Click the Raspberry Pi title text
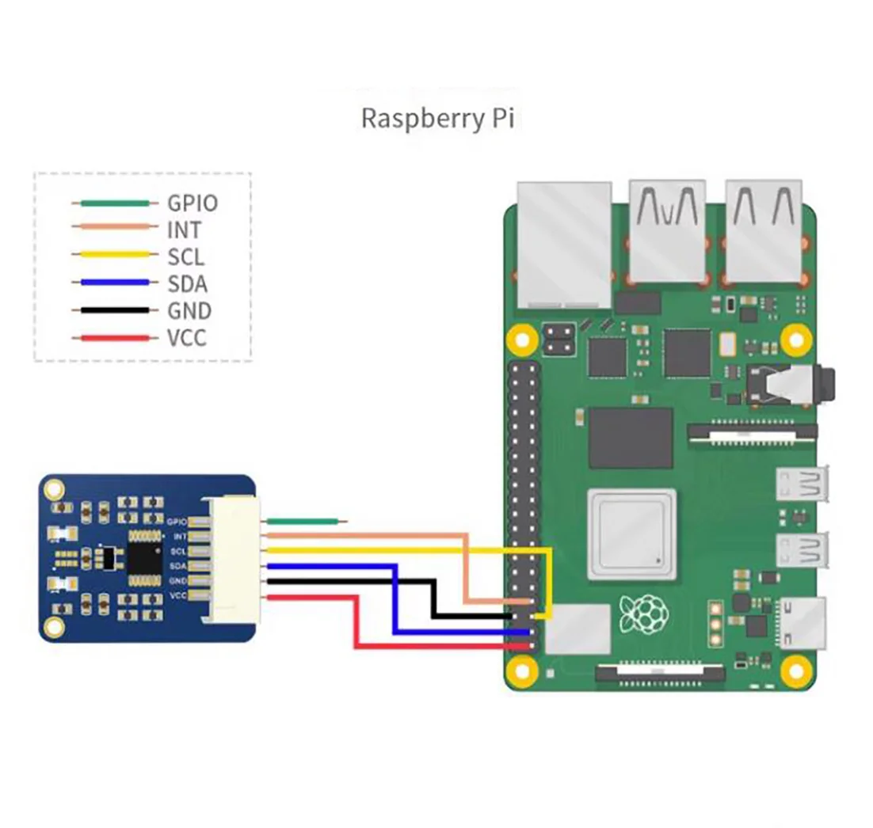coord(437,119)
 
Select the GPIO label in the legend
coord(192,203)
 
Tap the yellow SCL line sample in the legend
coord(110,255)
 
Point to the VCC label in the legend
coord(187,338)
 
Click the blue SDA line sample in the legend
coord(110,282)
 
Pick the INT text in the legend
coord(184,230)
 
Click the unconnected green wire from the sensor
coord(306,521)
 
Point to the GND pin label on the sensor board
coord(177,580)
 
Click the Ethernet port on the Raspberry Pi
coord(563,245)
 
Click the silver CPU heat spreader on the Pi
coord(631,532)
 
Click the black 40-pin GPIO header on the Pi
coord(522,507)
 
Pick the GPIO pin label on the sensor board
coord(177,521)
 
